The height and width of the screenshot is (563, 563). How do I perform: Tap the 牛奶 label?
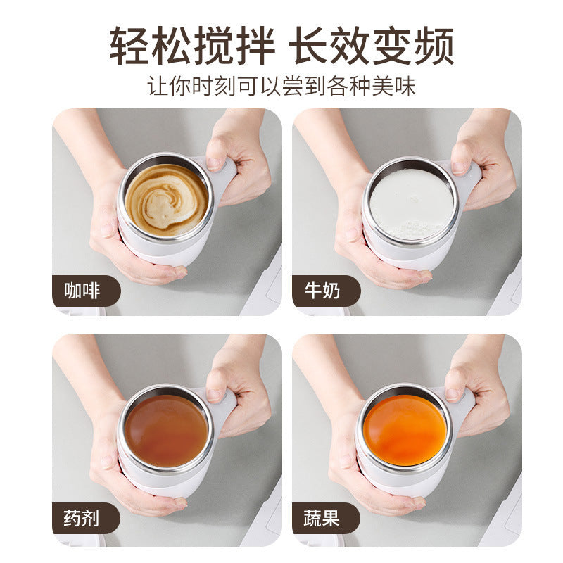[x=322, y=291]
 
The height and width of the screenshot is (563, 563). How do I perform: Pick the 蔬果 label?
[x=322, y=519]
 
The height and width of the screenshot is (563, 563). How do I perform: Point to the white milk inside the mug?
[x=411, y=201]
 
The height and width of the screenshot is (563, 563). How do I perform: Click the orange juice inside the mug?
[x=407, y=429]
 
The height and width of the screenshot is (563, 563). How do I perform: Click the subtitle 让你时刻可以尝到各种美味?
[x=281, y=86]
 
